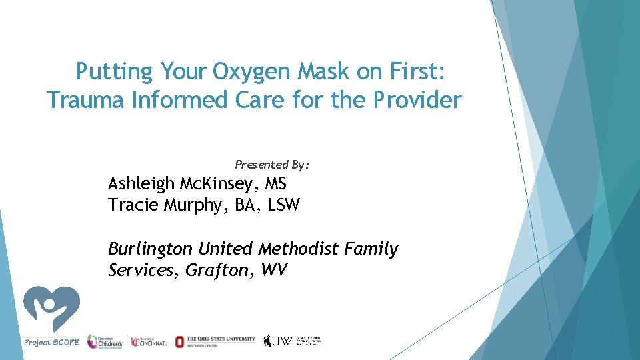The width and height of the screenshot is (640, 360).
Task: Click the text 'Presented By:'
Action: click(272, 164)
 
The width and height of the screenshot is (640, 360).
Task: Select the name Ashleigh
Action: click(141, 183)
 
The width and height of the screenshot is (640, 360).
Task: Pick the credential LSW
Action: click(283, 205)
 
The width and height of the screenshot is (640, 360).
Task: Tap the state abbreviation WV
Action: click(274, 271)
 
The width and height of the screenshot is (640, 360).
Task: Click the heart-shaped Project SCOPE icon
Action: click(51, 309)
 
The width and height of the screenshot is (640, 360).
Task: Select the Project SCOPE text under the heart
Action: click(51, 342)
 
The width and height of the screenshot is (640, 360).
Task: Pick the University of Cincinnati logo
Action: click(148, 341)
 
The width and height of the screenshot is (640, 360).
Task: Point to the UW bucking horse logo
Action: click(269, 341)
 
